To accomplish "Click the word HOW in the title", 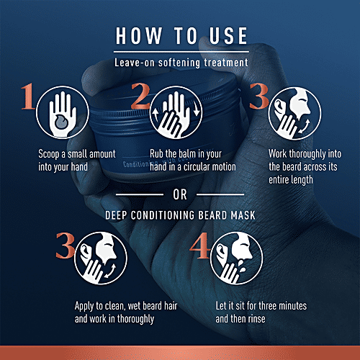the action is [139, 35].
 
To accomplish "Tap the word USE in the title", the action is [228, 35].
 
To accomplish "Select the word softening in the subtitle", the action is [179, 63].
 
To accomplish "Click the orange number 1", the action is [28, 96].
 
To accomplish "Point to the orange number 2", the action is [140, 96].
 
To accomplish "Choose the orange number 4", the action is [200, 246].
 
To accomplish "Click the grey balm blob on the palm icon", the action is [61, 122].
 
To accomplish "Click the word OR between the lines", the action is [180, 194].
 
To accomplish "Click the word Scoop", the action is [49, 154].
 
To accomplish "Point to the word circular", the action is [194, 167].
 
